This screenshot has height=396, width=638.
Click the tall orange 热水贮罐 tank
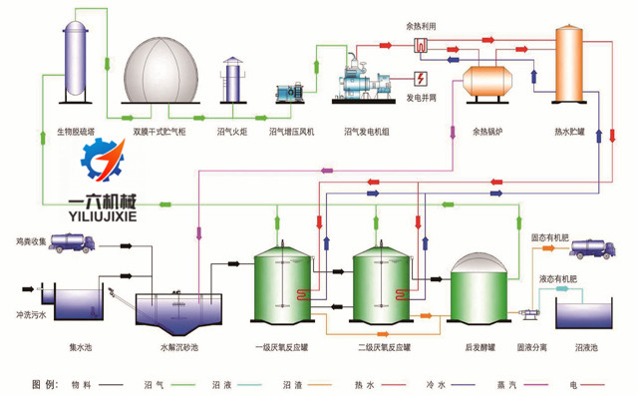point(571,64)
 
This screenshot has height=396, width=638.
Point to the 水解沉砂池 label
point(179,346)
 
